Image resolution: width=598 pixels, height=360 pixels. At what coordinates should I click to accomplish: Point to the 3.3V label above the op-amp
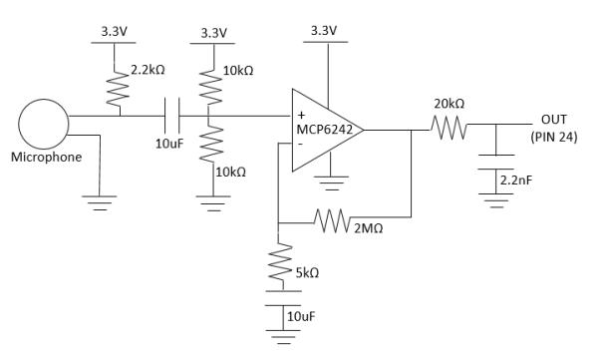pos(325,31)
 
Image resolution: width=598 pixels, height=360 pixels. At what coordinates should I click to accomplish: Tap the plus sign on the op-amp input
pos(301,115)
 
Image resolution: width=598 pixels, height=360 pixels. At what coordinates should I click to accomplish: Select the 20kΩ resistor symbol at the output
pos(448,127)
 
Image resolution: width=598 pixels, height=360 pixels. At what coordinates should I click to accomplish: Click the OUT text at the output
pos(553,119)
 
